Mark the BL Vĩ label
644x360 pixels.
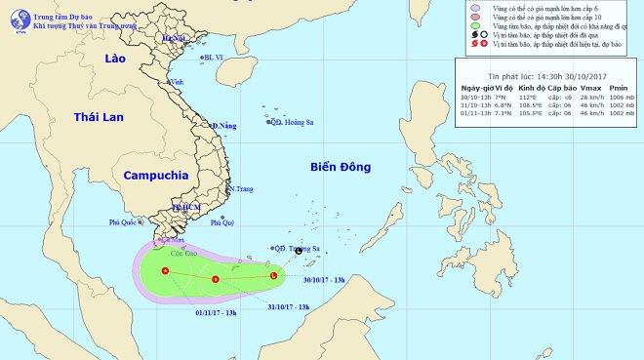(214, 58)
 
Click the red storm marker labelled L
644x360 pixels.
(273, 276)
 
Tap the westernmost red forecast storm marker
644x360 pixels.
(165, 270)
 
